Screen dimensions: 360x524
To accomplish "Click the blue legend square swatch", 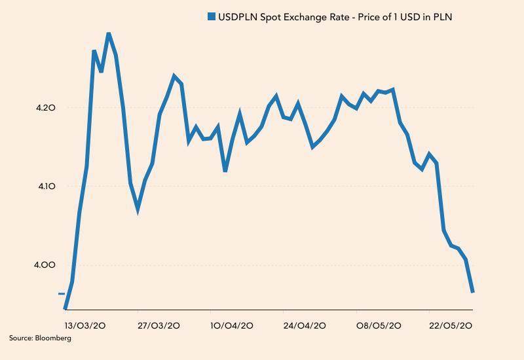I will [x=211, y=17].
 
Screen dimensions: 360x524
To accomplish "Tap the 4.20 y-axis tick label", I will [x=47, y=107].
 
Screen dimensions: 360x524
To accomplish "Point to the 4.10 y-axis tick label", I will [x=47, y=187].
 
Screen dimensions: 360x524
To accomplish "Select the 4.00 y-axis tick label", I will [x=47, y=265].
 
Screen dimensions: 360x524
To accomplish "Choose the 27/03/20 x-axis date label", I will [x=160, y=325].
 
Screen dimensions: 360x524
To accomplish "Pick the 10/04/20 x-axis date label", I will [x=232, y=325].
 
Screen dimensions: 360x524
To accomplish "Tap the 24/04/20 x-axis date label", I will [x=305, y=325].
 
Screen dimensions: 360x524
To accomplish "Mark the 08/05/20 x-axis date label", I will [x=379, y=325].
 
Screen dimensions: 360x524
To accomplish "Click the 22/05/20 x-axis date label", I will [x=450, y=325].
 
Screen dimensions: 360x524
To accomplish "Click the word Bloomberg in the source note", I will [x=54, y=338].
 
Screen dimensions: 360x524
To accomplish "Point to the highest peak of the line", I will [x=108, y=33].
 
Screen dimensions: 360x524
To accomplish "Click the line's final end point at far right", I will [x=472, y=292].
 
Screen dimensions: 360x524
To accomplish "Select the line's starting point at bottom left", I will [x=65, y=308].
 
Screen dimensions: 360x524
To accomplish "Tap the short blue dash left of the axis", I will [x=62, y=294].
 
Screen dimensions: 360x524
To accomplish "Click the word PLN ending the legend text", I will [x=442, y=17].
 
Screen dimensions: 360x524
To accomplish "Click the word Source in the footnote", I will [x=22, y=338].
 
